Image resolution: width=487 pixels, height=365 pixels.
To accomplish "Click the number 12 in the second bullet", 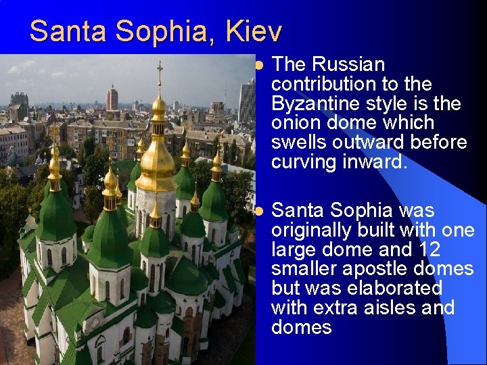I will coord(427,249).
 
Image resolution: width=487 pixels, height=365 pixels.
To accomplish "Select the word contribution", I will coord(318,84).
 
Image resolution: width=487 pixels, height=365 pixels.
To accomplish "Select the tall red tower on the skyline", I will coord(112,99).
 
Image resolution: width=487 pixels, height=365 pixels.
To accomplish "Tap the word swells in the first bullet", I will coord(298,143).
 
